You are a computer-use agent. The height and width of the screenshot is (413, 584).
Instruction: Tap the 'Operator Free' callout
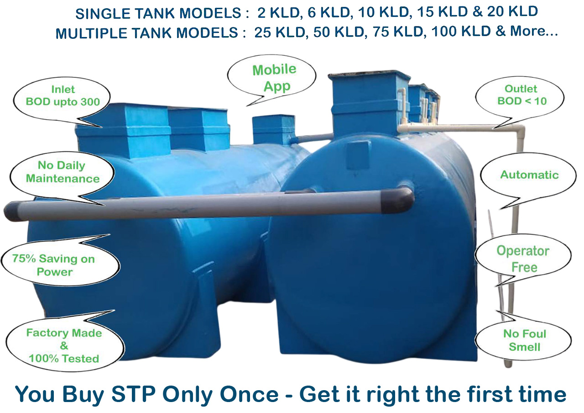pyautogui.click(x=523, y=259)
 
